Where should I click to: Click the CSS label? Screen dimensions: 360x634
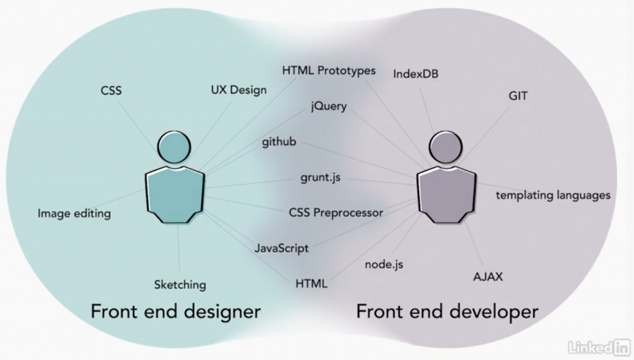pos(111,91)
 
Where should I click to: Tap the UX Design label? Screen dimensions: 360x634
pos(238,90)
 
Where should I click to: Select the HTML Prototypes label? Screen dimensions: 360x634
pos(329,71)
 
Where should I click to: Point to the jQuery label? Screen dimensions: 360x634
pos(329,107)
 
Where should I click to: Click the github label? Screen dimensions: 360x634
pos(279,142)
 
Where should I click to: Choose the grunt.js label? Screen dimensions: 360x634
pos(321,178)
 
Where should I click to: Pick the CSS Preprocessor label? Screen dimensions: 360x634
pos(336,213)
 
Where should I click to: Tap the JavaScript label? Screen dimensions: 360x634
pos(281,248)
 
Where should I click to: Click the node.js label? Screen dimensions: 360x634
pos(384,265)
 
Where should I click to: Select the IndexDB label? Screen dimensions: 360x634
pos(416,74)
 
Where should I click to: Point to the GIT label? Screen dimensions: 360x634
pos(518,97)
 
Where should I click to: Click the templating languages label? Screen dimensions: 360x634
pos(553,195)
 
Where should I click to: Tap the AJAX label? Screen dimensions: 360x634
pos(488,277)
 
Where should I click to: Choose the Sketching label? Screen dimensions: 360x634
pos(180,285)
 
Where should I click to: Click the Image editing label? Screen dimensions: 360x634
pos(74,214)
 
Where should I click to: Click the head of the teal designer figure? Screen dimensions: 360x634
pos(173,146)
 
